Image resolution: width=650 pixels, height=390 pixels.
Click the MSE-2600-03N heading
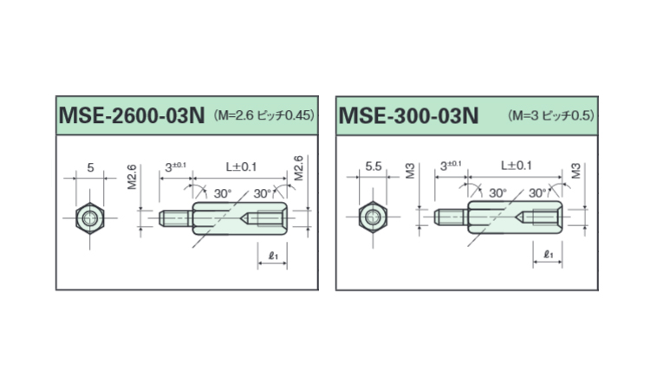click(x=132, y=115)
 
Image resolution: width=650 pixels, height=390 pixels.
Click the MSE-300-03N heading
click(x=409, y=115)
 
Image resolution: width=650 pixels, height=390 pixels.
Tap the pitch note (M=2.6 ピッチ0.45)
click(x=264, y=114)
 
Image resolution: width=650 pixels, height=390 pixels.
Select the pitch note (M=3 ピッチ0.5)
click(x=551, y=115)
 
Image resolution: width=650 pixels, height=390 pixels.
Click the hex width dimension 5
click(x=90, y=167)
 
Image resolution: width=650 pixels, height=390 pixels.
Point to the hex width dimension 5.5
click(x=373, y=166)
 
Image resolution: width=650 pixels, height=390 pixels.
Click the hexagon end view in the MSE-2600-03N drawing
click(x=90, y=218)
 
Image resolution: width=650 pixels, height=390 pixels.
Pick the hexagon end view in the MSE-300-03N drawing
click(x=373, y=218)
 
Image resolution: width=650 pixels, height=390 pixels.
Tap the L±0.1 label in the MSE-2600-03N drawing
click(x=241, y=167)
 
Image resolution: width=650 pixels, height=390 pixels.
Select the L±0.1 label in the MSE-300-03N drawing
click(x=517, y=166)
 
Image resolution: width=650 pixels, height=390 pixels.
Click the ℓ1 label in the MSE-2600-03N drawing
click(x=273, y=256)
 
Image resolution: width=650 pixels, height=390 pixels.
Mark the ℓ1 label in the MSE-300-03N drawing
click(x=548, y=255)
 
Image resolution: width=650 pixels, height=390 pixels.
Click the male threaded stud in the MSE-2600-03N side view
click(x=176, y=218)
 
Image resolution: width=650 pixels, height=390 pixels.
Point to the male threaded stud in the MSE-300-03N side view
click(x=451, y=218)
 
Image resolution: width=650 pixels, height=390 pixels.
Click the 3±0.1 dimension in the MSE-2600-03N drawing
click(x=175, y=167)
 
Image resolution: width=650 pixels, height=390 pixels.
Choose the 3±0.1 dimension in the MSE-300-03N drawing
click(x=451, y=166)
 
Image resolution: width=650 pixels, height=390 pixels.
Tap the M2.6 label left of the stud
click(x=132, y=177)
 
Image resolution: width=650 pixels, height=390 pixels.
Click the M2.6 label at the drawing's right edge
click(x=298, y=168)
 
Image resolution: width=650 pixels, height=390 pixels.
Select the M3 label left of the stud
click(x=410, y=172)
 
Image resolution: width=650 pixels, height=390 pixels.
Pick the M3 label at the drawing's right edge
click(x=576, y=172)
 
